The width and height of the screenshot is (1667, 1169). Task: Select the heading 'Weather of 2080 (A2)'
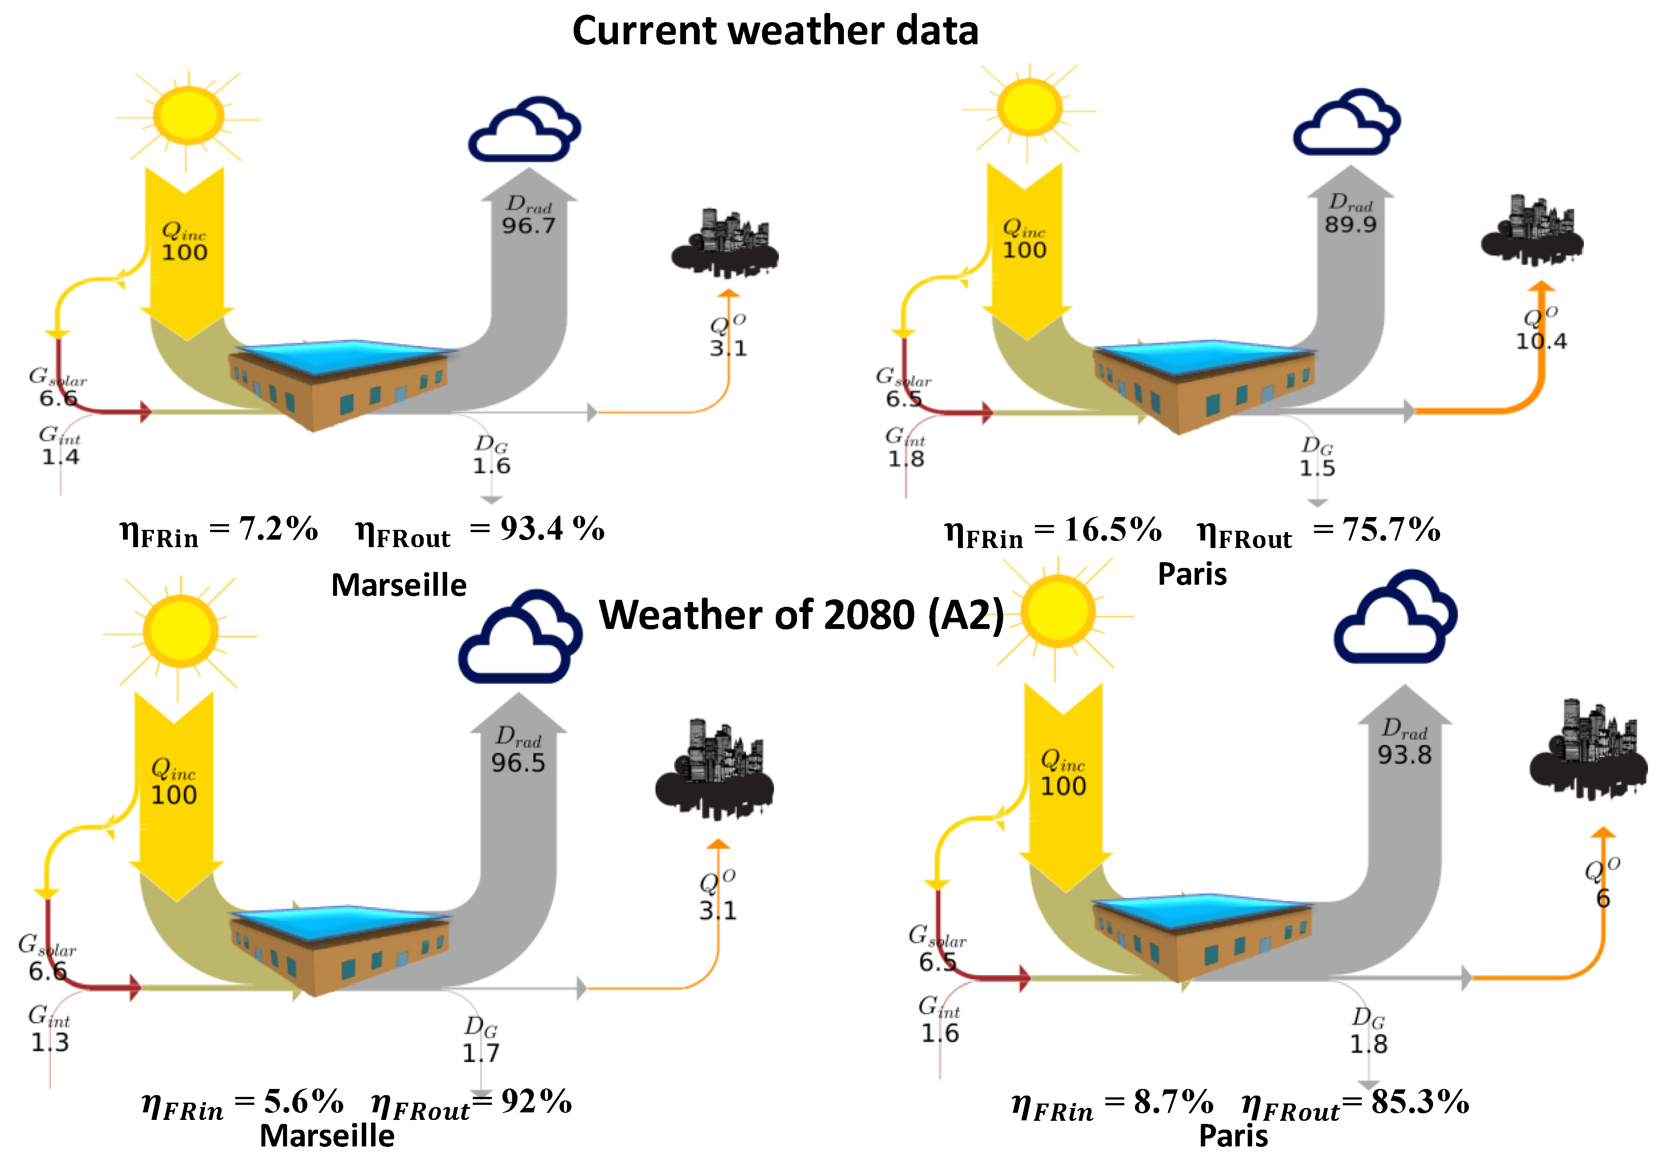(x=801, y=615)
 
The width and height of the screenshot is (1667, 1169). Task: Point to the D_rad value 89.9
(x=1350, y=224)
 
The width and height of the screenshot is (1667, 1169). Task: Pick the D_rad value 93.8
(x=1405, y=755)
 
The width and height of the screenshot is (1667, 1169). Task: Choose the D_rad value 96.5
(x=517, y=763)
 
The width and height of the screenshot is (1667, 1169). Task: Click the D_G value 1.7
(x=481, y=1053)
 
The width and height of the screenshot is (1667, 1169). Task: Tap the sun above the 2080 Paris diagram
(x=1058, y=611)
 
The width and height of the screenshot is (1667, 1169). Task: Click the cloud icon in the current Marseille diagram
(x=524, y=129)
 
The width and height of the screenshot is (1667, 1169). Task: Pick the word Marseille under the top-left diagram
(x=399, y=585)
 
